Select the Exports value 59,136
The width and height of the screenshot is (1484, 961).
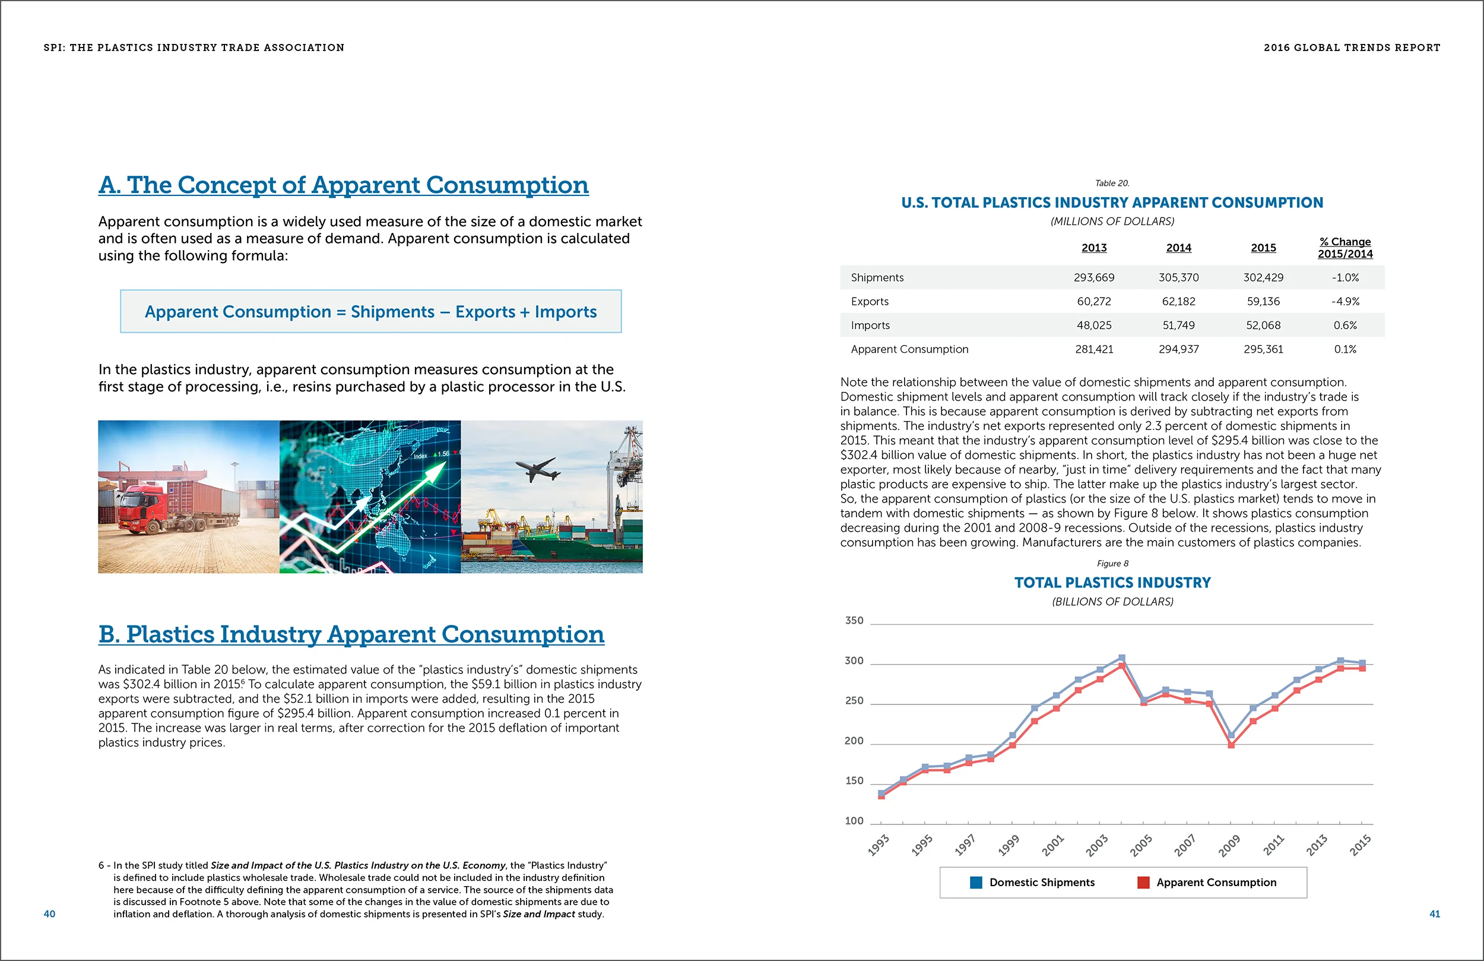pos(1263,301)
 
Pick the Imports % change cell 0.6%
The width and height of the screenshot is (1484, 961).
pos(1345,325)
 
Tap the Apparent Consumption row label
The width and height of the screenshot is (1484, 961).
pos(909,349)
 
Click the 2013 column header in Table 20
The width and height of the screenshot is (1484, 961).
pos(1093,248)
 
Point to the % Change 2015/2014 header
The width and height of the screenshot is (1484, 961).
pos(1345,248)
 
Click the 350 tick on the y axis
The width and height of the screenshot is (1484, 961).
pos(854,621)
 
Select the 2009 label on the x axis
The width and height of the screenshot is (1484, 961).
pos(1229,846)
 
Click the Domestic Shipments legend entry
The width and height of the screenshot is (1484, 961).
pos(1041,883)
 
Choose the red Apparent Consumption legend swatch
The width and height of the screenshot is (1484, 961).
pos(1143,883)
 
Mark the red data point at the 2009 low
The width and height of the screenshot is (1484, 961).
pos(1232,745)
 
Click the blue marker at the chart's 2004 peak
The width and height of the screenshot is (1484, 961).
pos(1122,657)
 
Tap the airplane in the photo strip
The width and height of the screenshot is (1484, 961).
pos(535,468)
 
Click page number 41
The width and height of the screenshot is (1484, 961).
pos(1434,914)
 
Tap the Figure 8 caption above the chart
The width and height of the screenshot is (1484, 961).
pos(1112,564)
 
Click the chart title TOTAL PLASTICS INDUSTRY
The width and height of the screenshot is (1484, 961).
pos(1112,583)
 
